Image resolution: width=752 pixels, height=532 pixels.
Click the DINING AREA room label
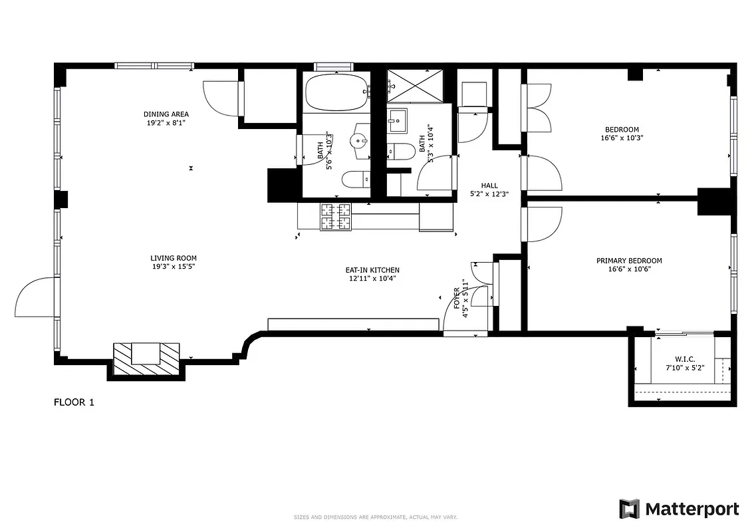[x=166, y=114]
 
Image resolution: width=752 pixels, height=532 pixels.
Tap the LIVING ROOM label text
[x=173, y=258]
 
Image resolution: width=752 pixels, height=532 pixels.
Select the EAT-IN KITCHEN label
[x=372, y=270]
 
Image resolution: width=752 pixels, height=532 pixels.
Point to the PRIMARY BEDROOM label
[x=628, y=261]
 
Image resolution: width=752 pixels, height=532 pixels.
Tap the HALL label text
[x=489, y=186]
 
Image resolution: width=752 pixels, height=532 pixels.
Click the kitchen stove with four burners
[x=336, y=216]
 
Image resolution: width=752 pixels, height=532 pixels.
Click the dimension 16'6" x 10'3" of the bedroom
[x=622, y=138]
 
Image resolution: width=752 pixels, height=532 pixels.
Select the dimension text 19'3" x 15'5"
[x=173, y=266]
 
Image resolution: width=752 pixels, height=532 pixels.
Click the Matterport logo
[x=679, y=509]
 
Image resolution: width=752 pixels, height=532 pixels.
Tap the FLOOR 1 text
[x=74, y=402]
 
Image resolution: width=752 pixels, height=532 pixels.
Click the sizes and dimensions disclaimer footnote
[x=376, y=517]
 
